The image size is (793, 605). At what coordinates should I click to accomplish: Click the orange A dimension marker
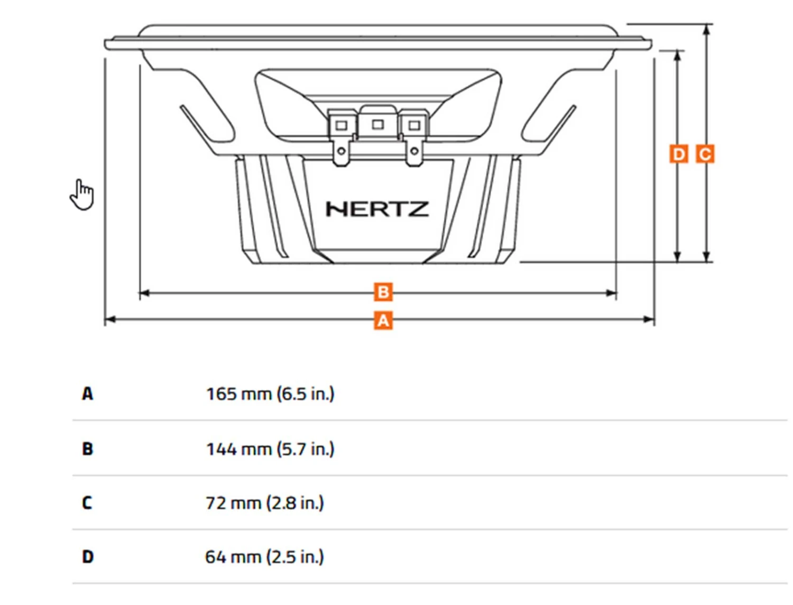click(383, 320)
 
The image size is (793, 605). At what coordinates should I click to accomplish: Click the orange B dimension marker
click(383, 292)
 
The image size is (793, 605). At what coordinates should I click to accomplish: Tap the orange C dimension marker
click(705, 154)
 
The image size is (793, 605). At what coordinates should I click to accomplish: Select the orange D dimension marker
click(678, 154)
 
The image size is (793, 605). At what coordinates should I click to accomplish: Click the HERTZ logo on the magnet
click(377, 209)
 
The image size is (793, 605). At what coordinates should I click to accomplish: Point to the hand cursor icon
click(82, 194)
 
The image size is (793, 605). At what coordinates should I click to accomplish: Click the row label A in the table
click(87, 394)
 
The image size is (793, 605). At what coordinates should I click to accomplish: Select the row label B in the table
click(87, 449)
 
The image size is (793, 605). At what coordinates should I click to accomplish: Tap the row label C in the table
click(87, 502)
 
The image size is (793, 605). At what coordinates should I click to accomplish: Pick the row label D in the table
click(87, 556)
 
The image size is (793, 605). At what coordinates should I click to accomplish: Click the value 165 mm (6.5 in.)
click(270, 394)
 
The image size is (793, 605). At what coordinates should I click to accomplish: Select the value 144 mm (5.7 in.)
click(270, 449)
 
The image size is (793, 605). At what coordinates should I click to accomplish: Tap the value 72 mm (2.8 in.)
click(264, 502)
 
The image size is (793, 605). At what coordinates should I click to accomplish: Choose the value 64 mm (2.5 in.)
click(264, 556)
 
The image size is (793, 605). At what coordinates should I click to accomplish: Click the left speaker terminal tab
click(342, 151)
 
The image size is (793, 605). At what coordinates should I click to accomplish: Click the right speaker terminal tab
click(414, 151)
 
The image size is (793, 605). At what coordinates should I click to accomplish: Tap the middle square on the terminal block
click(377, 125)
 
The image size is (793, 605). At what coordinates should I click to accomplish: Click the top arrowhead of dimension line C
click(706, 30)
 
